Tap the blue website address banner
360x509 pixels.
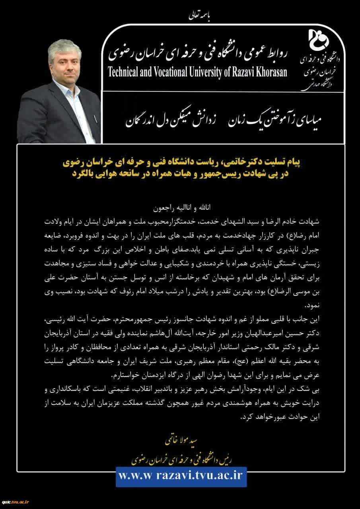[x=181, y=477]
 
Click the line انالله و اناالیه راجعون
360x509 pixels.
[x=181, y=208]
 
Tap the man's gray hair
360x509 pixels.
[x=64, y=47]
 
